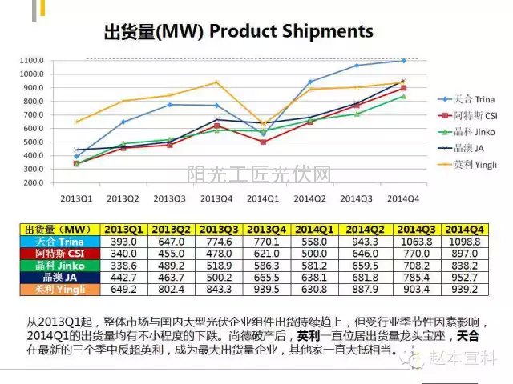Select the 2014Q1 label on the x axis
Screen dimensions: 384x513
click(x=263, y=197)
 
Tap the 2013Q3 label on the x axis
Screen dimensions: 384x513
click(x=170, y=197)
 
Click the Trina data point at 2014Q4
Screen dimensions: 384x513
click(x=403, y=61)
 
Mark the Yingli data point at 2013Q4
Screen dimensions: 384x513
click(x=216, y=82)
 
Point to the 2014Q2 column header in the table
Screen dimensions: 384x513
click(x=368, y=230)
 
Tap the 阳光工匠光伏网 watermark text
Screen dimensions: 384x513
click(x=258, y=173)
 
